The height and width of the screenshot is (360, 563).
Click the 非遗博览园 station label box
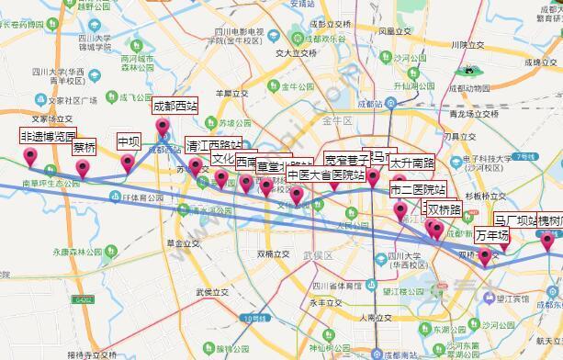pos(48,136)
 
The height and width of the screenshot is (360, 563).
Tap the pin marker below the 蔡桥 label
pos(84,168)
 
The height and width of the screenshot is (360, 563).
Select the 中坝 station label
pos(129,142)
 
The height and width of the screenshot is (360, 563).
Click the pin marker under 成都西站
pos(163,127)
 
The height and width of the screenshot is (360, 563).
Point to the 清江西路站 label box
pos(214,145)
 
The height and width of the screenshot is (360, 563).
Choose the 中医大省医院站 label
pos(325,174)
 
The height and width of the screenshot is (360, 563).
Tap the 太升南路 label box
pos(411,163)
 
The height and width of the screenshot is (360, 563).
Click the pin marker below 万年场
pos(485,254)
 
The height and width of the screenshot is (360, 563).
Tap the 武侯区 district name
pos(316,254)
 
